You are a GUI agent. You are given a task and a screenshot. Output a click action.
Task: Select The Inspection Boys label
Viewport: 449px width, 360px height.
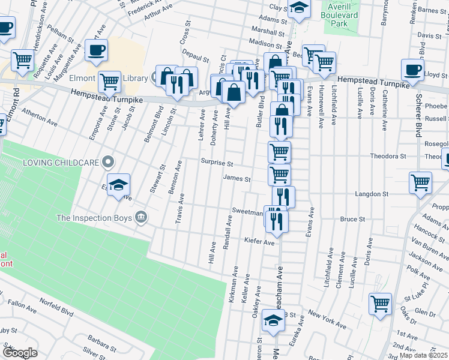tap(94, 217)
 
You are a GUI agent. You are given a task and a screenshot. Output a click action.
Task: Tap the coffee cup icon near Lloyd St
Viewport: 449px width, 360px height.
tap(412, 70)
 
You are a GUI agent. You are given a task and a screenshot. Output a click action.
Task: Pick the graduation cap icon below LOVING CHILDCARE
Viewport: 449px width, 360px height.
tap(118, 184)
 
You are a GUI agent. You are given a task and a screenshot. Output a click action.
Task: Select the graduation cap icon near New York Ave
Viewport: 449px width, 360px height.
tap(273, 321)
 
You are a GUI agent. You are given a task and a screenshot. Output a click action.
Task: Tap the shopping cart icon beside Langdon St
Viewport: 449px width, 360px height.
tap(420, 182)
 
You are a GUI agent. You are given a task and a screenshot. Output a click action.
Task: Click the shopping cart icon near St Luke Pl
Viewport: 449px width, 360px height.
tap(380, 304)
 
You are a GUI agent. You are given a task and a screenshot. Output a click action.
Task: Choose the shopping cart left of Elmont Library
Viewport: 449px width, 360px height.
tap(109, 81)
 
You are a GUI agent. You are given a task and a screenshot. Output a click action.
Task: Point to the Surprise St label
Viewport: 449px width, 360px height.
tap(216, 163)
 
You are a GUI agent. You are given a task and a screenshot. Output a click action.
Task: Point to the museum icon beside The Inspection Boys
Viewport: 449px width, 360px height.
tap(140, 217)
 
